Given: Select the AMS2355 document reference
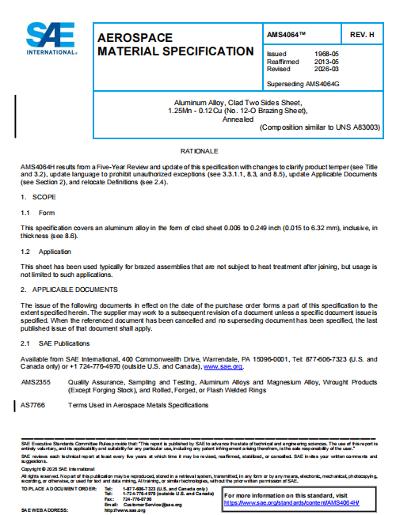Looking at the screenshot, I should (35, 382).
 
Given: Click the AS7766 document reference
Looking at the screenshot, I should (32, 404).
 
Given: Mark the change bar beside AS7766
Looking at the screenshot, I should (13, 404).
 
